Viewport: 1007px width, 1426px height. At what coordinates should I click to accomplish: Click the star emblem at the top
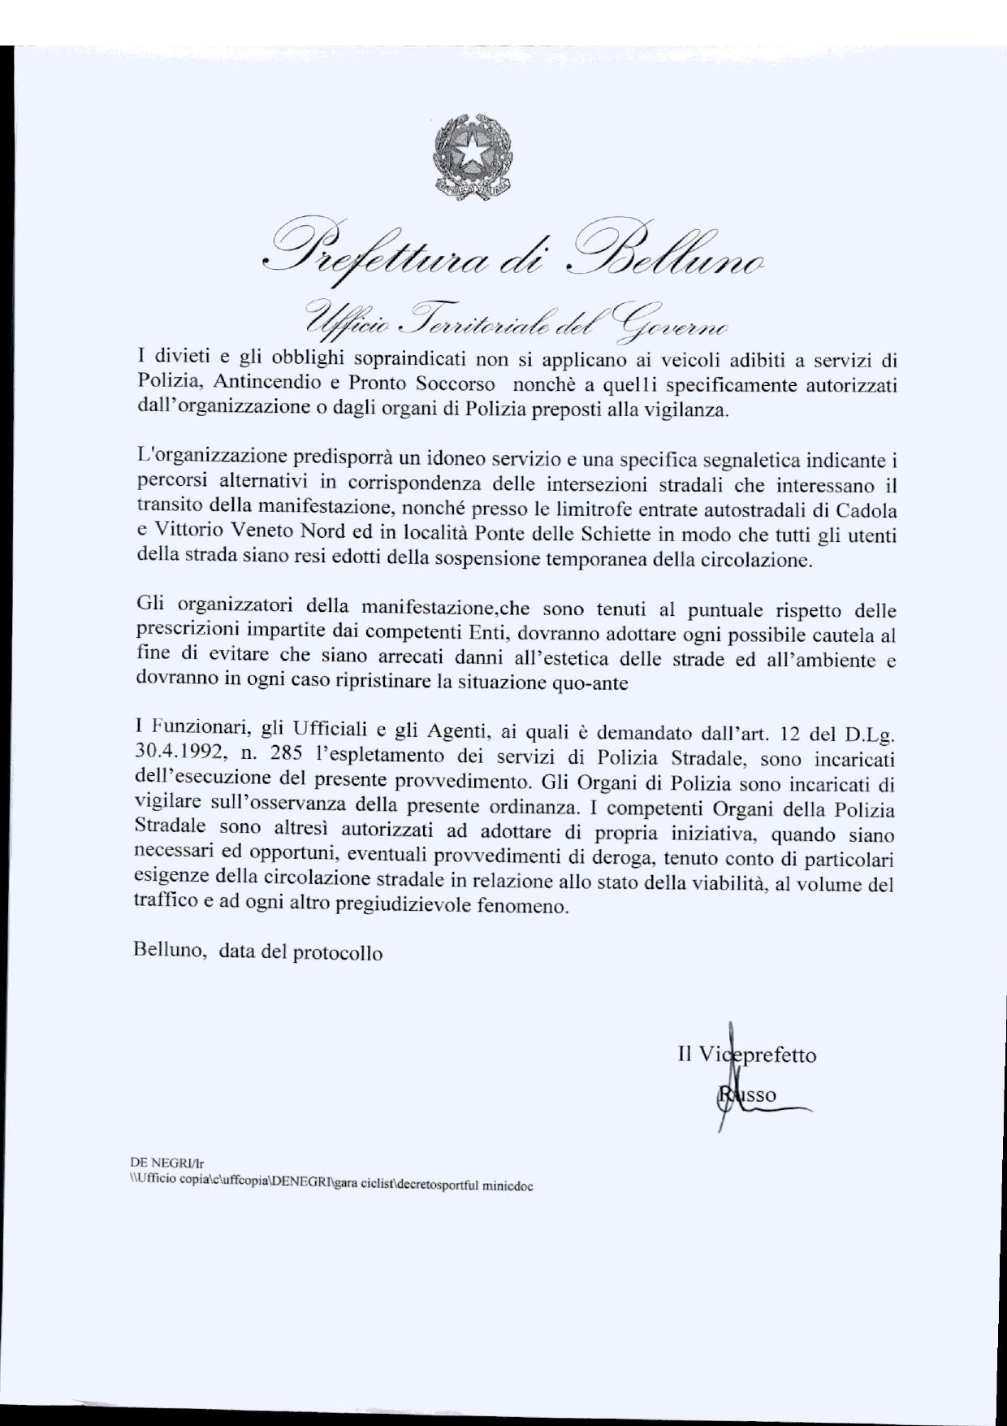472,154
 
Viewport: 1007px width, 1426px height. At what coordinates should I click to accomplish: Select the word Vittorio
185,535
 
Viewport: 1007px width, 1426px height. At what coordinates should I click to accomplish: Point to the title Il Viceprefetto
746,1055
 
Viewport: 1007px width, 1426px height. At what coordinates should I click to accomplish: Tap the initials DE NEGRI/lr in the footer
161,1163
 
